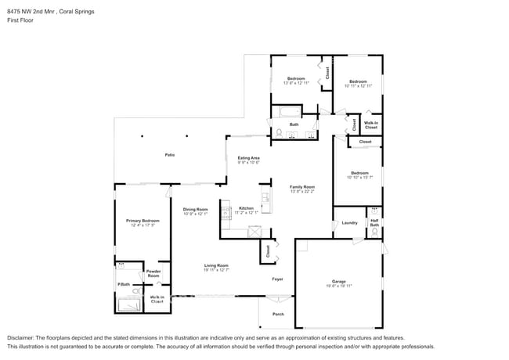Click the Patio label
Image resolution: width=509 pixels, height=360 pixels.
[169, 154]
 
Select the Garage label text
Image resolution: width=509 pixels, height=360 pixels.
[338, 281]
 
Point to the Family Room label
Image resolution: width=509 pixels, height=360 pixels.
[302, 186]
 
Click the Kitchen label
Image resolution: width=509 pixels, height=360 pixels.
[246, 208]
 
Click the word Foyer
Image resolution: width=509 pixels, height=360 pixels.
[277, 279]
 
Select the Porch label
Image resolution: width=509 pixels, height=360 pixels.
[278, 315]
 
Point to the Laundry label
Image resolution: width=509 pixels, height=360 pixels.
[350, 222]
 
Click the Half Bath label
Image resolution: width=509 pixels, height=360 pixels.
[374, 223]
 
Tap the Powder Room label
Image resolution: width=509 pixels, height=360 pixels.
[153, 274]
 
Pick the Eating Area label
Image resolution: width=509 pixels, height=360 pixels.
[249, 157]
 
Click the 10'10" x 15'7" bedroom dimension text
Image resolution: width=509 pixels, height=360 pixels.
[359, 178]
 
